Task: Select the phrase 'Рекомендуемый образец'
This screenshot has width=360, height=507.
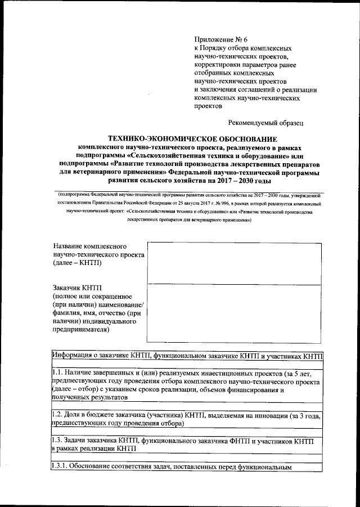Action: (x=266, y=122)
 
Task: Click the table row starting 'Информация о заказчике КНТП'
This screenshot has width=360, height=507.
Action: (x=187, y=356)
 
